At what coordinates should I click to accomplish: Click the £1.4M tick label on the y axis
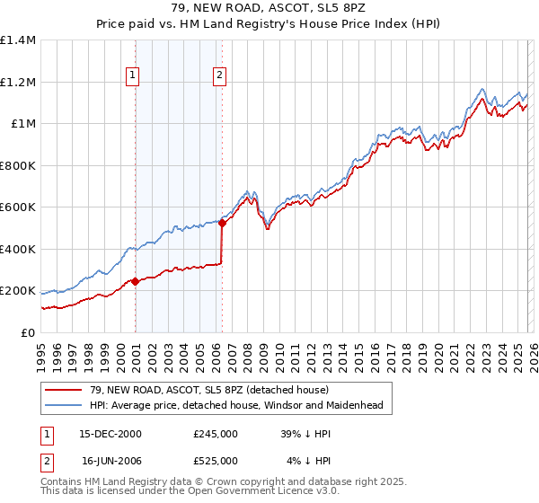(17, 40)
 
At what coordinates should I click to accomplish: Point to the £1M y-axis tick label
(22, 124)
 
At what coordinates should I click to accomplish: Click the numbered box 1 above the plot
(132, 76)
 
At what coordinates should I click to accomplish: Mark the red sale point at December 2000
(136, 281)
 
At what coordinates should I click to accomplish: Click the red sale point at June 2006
(222, 224)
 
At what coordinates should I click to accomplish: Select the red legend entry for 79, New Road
(209, 390)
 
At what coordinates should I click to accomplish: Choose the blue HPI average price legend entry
(236, 406)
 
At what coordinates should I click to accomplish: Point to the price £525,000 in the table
(216, 460)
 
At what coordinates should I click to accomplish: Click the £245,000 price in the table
(216, 433)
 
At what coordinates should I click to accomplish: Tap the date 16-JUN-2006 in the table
(111, 460)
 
